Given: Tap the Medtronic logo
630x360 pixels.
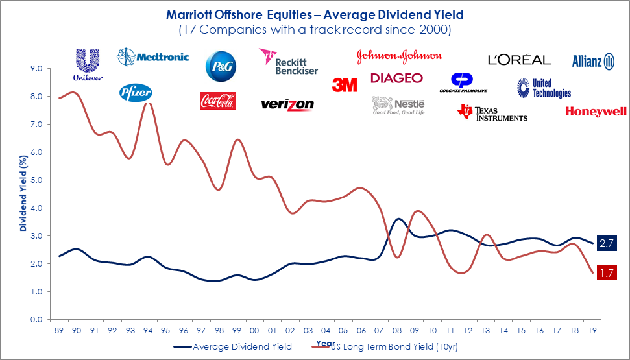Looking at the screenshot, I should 152,57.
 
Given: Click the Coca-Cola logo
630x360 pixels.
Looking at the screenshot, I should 217,101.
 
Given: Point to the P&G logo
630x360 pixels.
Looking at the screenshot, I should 221,66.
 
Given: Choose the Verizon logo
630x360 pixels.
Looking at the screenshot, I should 287,104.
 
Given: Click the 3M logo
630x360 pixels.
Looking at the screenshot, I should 345,85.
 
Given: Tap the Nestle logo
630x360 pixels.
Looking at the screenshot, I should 398,105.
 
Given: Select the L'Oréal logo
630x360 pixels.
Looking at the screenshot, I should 519,60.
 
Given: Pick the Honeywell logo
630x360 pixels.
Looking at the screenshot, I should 596,112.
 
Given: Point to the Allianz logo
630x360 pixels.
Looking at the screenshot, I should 593,62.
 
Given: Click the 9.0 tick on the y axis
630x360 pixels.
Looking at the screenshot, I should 36,69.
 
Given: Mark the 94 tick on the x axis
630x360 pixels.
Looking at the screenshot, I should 148,330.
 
